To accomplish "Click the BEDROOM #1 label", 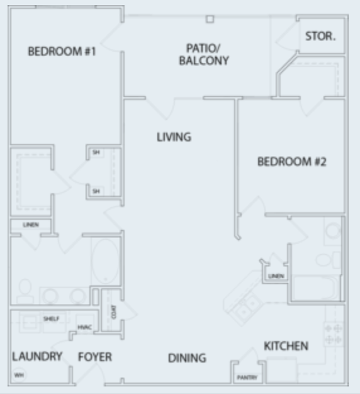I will pos(62,51).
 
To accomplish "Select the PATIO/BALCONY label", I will pos(203,55).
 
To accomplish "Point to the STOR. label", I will pos(320,37).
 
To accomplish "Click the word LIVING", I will pos(174,137).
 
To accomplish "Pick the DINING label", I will pos(187,358).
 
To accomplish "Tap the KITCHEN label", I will pos(286,346).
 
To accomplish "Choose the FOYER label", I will pos(95,357).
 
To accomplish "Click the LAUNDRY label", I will pos(37,357).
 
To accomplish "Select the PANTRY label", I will pos(244,378).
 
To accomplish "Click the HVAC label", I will pos(84,327).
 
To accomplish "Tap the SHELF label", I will pos(51,318).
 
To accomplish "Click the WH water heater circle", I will pos(18,376).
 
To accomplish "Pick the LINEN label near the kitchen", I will pos(276,276).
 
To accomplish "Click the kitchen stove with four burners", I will pos(334,334).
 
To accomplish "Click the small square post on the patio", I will pos(210,19).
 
